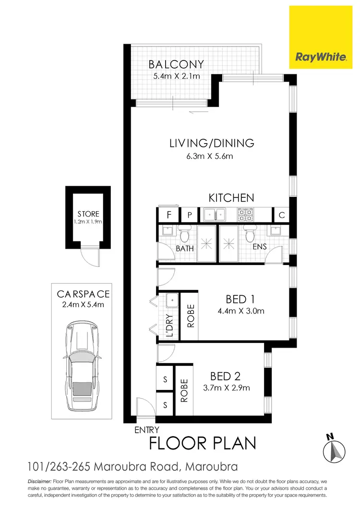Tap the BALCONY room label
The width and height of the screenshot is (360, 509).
pos(176,64)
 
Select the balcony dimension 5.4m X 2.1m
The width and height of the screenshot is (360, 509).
pos(176,76)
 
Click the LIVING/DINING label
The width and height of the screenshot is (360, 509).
pos(211,143)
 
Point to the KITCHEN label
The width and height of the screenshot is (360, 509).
pos(231,197)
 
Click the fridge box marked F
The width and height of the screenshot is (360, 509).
pos(168,215)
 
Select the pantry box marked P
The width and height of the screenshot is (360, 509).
pos(189,215)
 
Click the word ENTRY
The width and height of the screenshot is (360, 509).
pos(146,430)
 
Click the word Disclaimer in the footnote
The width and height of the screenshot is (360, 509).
pos(40,481)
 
